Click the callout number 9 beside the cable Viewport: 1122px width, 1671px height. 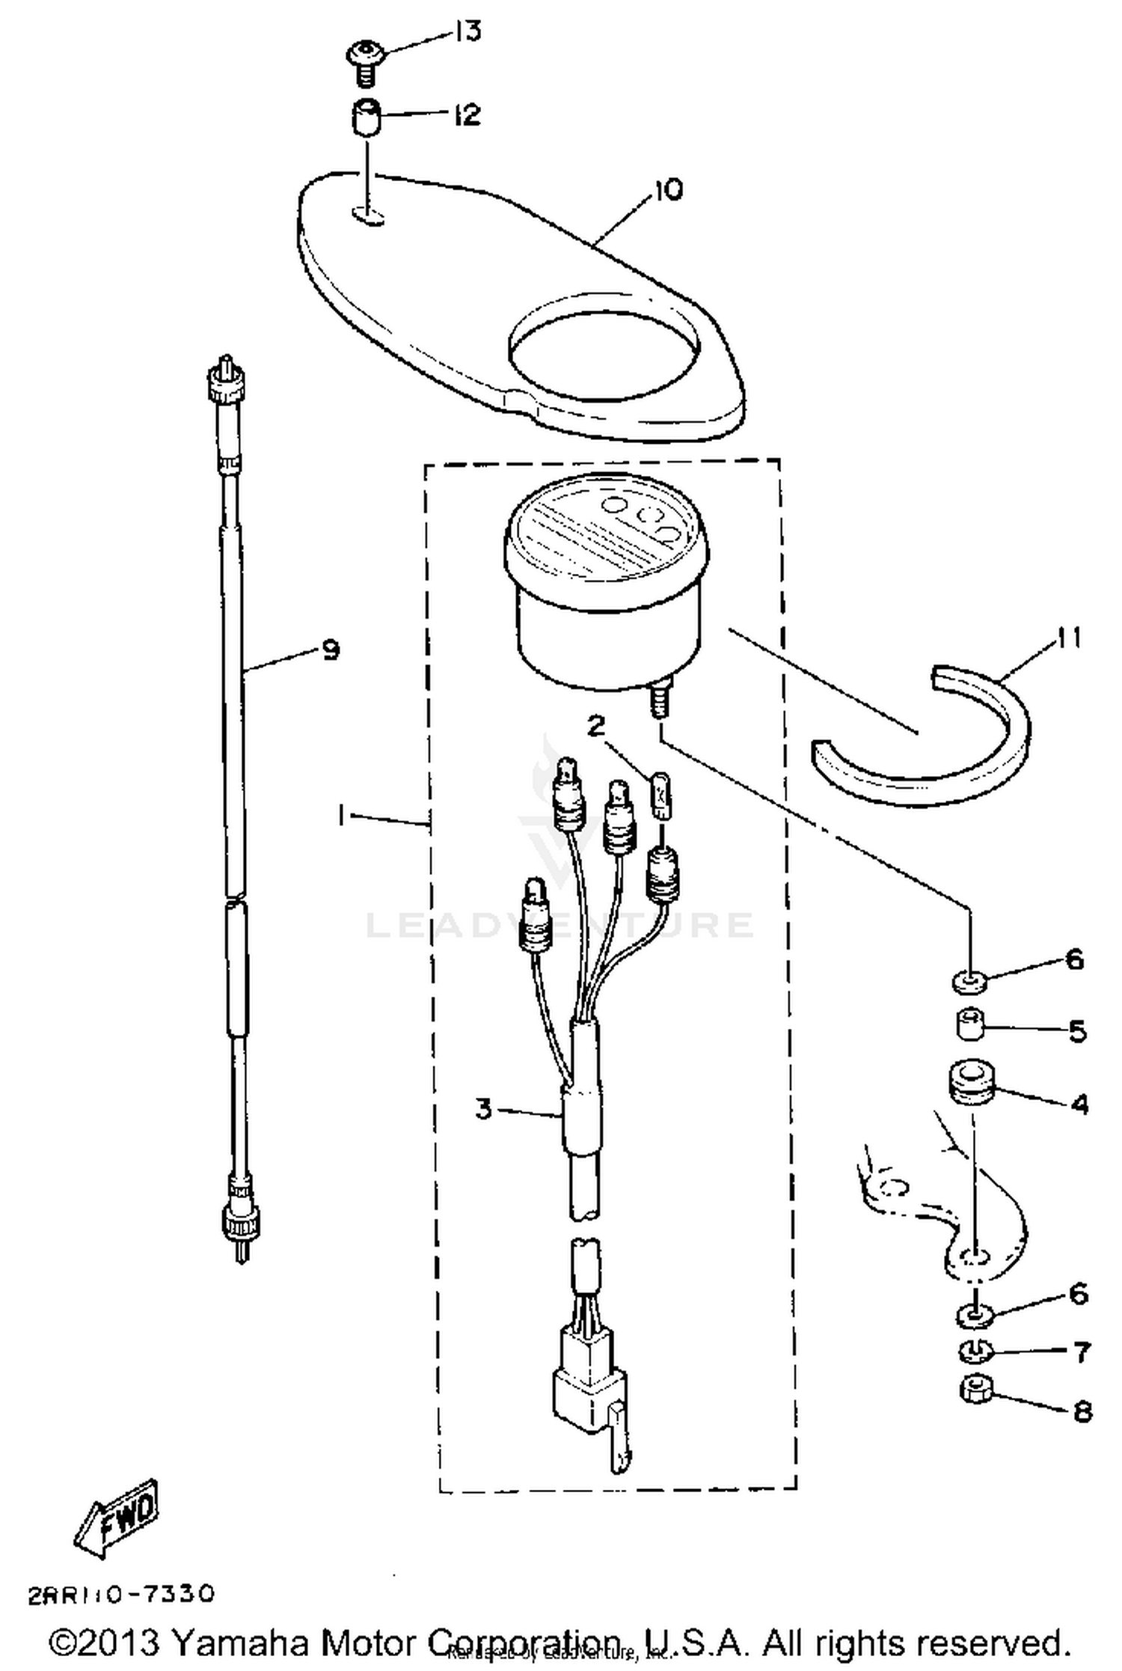coord(330,650)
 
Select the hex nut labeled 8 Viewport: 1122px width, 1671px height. coord(975,1390)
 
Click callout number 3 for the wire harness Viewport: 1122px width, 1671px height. coord(484,1109)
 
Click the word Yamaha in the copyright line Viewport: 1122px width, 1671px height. coord(239,1643)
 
